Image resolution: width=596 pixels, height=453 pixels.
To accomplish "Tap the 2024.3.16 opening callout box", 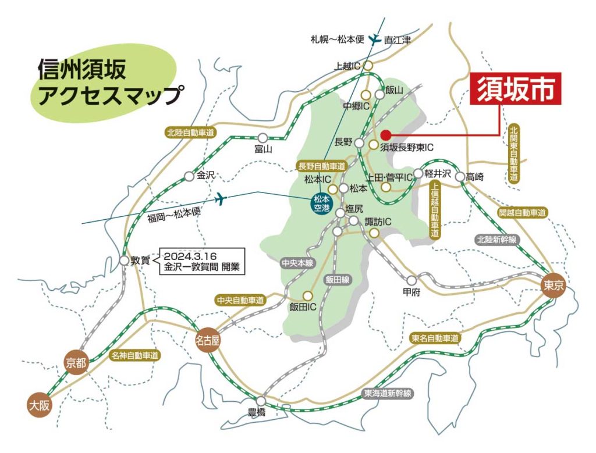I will (202, 262).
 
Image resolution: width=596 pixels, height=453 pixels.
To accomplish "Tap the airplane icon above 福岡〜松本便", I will (220, 199).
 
